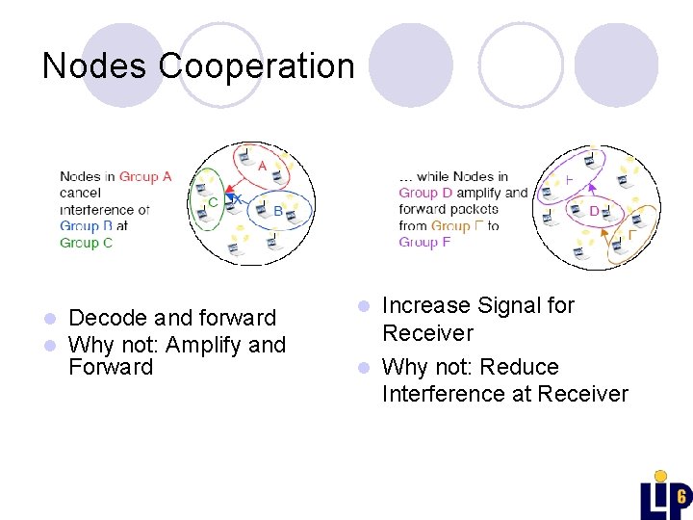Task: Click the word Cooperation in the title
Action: point(257,65)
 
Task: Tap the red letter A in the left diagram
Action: point(262,166)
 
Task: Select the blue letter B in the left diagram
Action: point(278,211)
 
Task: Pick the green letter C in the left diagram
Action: point(213,203)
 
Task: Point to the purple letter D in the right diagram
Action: point(593,211)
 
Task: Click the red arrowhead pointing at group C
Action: point(228,199)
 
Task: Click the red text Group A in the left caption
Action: point(145,176)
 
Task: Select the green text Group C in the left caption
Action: point(86,243)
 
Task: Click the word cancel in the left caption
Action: point(80,193)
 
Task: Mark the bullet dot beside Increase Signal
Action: point(363,306)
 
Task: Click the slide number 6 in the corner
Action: point(680,497)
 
